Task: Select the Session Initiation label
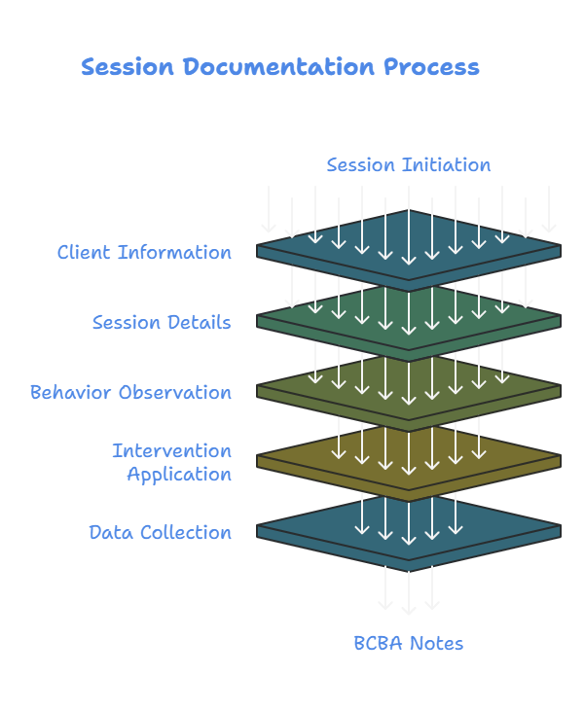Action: point(408,165)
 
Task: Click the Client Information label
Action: point(144,253)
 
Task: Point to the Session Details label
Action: point(162,323)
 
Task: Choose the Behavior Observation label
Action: point(130,393)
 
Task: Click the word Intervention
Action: point(171,451)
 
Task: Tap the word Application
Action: point(179,475)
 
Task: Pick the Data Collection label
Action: point(160,533)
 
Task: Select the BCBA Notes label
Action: point(408,644)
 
